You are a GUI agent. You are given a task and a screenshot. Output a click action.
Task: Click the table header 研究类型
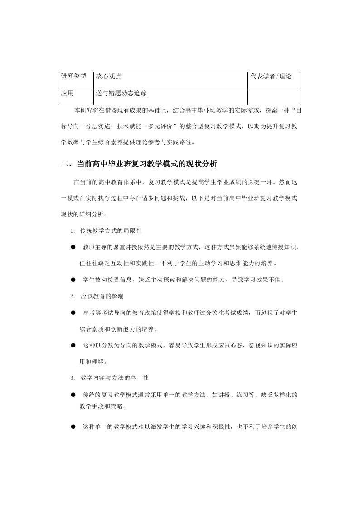coord(73,77)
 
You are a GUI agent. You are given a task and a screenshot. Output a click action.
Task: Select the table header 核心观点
coord(108,77)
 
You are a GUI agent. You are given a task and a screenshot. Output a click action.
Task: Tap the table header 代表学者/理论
coord(271,77)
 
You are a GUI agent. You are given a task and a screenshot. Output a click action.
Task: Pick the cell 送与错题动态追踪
coord(121,93)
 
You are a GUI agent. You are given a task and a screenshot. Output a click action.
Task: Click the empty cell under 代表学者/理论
coord(274,96)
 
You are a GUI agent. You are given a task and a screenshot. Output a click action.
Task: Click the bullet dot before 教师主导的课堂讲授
coord(73,247)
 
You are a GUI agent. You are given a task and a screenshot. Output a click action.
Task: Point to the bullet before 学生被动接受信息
coord(73,279)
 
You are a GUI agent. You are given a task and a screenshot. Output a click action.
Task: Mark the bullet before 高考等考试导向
coord(73,313)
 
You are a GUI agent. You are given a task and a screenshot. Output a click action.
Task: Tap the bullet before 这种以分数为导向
coord(73,345)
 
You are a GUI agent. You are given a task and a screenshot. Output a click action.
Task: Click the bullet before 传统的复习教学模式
coord(73,394)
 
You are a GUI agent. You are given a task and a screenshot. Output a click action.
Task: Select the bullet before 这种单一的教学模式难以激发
coord(73,427)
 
